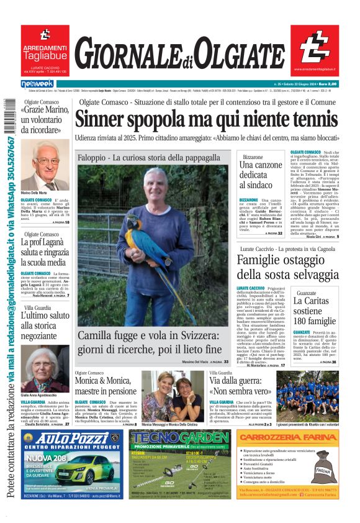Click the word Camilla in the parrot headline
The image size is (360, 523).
101,336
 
